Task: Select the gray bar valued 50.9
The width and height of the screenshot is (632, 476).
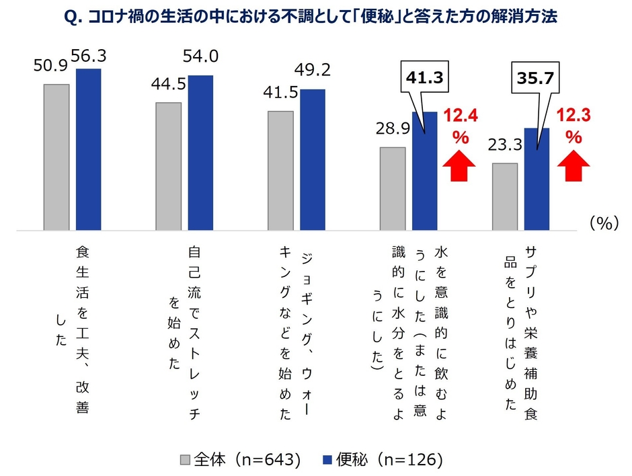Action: (x=56, y=157)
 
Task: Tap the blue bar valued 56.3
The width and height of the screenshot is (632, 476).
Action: (x=88, y=149)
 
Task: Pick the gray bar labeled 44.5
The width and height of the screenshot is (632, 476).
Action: (x=168, y=166)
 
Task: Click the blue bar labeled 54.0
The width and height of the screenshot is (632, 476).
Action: (x=200, y=153)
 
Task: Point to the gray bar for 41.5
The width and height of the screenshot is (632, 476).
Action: (x=280, y=170)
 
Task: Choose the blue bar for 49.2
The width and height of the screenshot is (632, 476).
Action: (x=312, y=159)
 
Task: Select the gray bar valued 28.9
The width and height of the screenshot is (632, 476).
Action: (x=393, y=188)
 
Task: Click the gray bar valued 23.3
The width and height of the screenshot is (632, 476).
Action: (x=504, y=196)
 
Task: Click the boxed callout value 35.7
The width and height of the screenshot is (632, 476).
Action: (x=535, y=79)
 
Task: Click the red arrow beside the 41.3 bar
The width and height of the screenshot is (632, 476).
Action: (x=460, y=167)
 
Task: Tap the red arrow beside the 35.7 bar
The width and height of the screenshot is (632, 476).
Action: (x=573, y=167)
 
